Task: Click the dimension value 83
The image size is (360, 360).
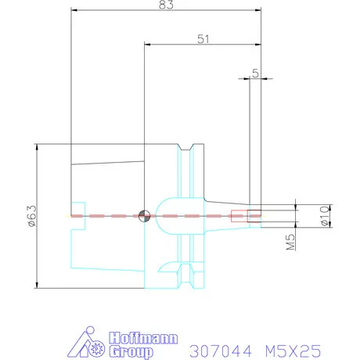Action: (166, 5)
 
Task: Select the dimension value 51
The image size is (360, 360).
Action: (203, 39)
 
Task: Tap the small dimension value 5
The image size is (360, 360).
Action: (255, 74)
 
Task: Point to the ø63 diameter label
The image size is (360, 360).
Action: (33, 215)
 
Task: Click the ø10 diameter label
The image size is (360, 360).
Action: (325, 216)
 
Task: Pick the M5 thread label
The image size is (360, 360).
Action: (291, 242)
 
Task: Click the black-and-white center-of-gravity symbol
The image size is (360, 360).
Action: (144, 216)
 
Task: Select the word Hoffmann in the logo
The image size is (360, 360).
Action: (143, 338)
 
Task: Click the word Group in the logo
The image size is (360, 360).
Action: (131, 351)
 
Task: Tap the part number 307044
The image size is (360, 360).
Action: (221, 351)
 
